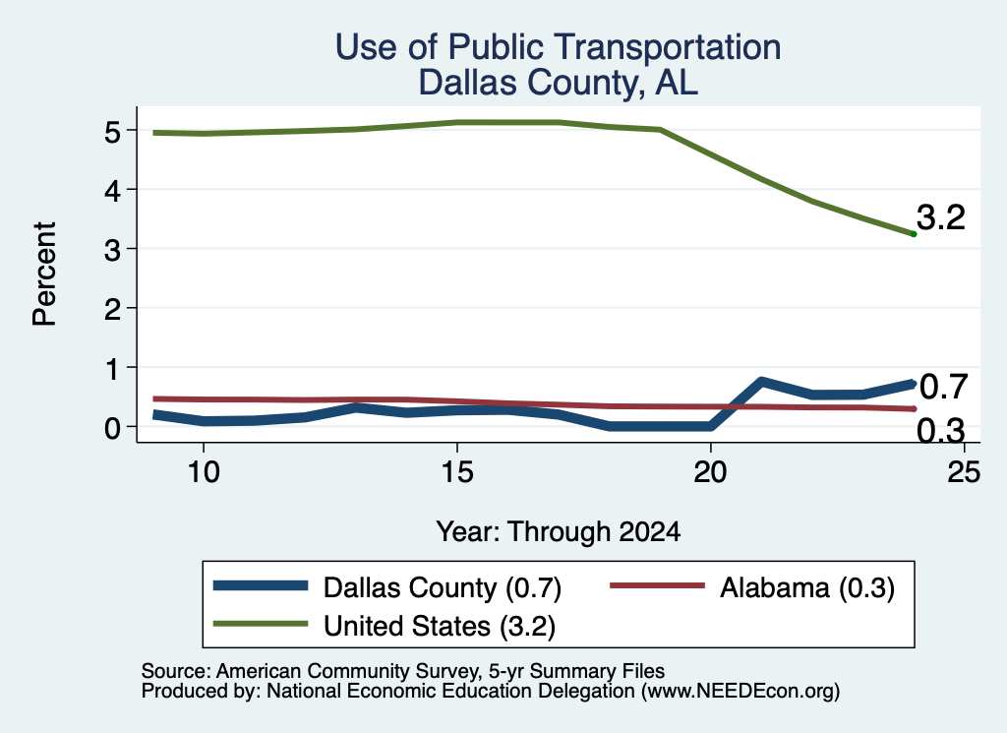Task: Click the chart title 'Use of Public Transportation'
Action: pyautogui.click(x=558, y=47)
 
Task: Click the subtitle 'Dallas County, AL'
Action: pyautogui.click(x=558, y=83)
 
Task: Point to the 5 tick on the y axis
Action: pyautogui.click(x=112, y=131)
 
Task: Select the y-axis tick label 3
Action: pyautogui.click(x=112, y=249)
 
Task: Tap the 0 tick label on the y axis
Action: pyautogui.click(x=112, y=427)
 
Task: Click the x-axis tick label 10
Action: pyautogui.click(x=204, y=472)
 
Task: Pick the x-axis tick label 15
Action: pyautogui.click(x=457, y=472)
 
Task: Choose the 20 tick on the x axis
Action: pyautogui.click(x=710, y=472)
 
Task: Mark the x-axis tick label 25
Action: pyautogui.click(x=964, y=472)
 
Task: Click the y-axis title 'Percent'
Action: pyautogui.click(x=45, y=275)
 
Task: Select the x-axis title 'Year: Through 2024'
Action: pyautogui.click(x=559, y=532)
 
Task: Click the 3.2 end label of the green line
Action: pyautogui.click(x=941, y=217)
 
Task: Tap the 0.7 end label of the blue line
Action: pyautogui.click(x=943, y=387)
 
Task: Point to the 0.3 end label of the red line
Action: pyautogui.click(x=941, y=430)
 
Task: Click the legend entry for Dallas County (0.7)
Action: pyautogui.click(x=387, y=587)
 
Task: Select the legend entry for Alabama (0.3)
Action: pyautogui.click(x=752, y=587)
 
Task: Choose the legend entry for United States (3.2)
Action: pyautogui.click(x=385, y=626)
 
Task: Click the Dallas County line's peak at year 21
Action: pyautogui.click(x=761, y=382)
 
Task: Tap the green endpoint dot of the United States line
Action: pyautogui.click(x=914, y=234)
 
